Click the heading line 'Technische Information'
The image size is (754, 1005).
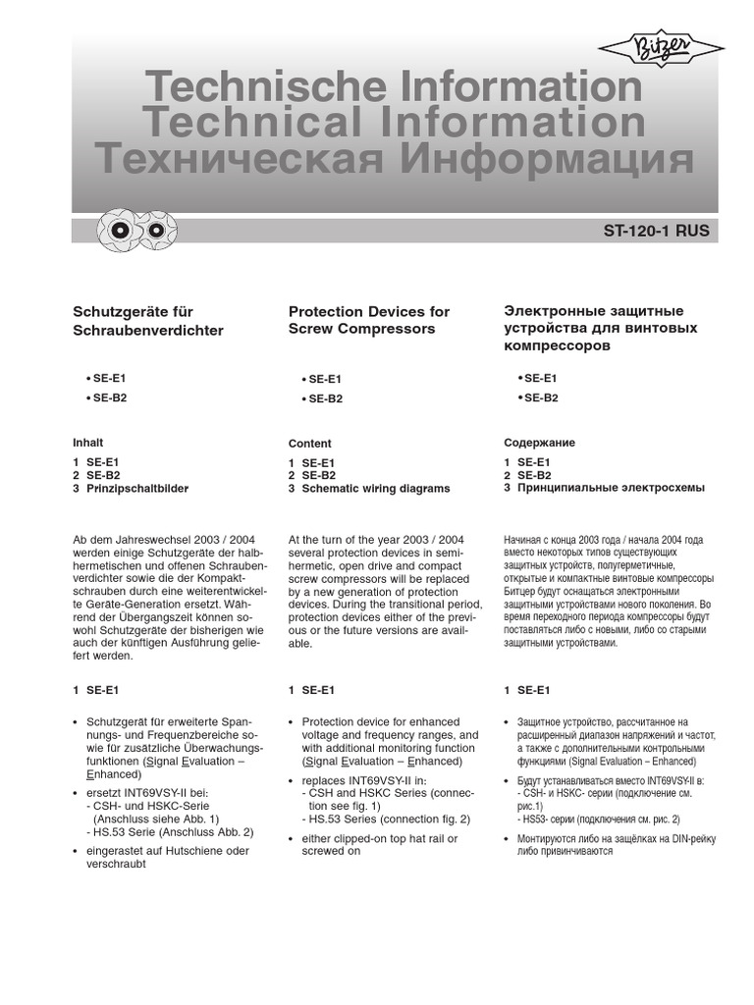(393, 87)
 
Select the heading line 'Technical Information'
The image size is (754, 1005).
(393, 123)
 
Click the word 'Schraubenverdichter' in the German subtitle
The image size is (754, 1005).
(148, 331)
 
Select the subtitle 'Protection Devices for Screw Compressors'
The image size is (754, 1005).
(368, 320)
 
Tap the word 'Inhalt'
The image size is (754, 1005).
(88, 443)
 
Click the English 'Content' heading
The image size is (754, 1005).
(310, 444)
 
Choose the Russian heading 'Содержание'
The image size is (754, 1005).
(539, 443)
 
